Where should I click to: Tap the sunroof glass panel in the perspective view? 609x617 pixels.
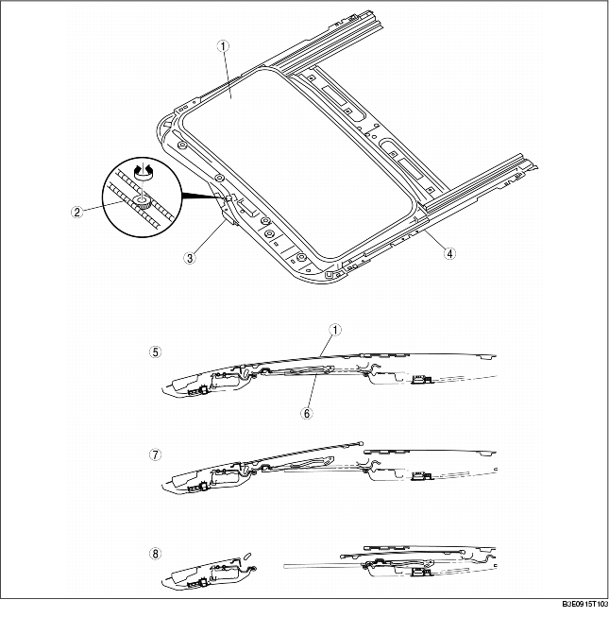click(x=283, y=161)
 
